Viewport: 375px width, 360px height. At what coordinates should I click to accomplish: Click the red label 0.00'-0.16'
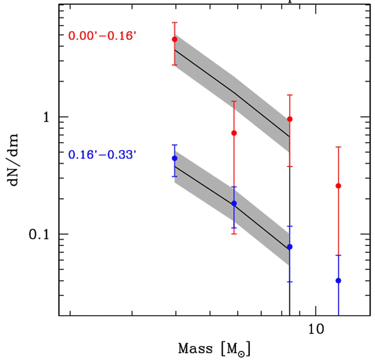(102, 36)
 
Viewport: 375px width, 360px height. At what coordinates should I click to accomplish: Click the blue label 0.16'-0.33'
(102, 155)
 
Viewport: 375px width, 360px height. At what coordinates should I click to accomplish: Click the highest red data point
(175, 39)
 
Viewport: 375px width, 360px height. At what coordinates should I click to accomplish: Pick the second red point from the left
(234, 133)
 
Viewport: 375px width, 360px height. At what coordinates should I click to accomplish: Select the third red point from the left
(290, 119)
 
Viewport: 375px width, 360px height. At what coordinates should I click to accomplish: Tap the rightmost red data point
(339, 186)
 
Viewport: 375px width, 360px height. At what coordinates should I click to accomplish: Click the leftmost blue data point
(175, 158)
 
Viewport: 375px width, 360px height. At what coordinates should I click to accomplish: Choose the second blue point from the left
(234, 203)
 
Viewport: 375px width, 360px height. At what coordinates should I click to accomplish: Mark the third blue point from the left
(290, 246)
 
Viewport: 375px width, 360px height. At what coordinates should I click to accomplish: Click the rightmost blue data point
(339, 281)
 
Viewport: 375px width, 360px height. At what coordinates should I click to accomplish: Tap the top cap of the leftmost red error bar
(175, 23)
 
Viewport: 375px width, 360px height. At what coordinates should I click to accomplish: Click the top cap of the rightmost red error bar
(339, 147)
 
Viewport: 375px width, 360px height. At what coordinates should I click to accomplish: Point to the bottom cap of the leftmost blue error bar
(175, 176)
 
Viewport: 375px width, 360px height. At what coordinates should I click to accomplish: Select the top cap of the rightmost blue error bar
(339, 255)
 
